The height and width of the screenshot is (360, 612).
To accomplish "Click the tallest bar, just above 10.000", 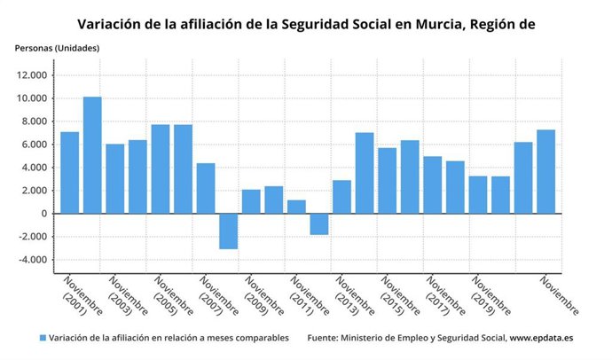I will pyautogui.click(x=92, y=155).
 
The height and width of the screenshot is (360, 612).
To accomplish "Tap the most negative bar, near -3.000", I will pyautogui.click(x=228, y=231).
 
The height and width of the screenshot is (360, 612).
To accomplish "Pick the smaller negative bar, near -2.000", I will pyautogui.click(x=319, y=223).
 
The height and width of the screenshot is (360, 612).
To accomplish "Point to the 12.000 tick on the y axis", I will pyautogui.click(x=32, y=75).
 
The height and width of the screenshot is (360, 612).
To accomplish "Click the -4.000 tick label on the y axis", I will pyautogui.click(x=32, y=260).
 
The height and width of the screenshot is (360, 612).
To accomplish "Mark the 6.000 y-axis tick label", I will pyautogui.click(x=35, y=145).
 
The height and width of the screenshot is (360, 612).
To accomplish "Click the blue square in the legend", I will pyautogui.click(x=42, y=338).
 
